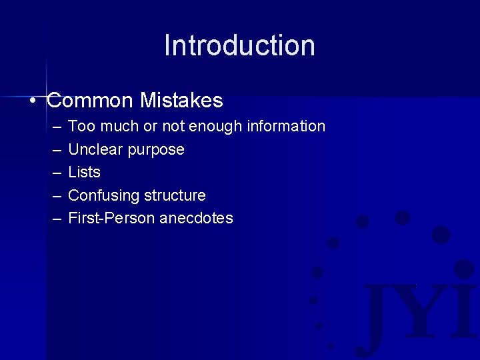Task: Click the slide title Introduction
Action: [239, 45]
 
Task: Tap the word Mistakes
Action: [181, 101]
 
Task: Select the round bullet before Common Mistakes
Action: [33, 101]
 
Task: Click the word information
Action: [287, 126]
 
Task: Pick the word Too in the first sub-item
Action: [80, 126]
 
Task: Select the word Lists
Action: [85, 172]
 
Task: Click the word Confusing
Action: [101, 195]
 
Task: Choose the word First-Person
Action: [111, 218]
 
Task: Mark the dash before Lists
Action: [54, 173]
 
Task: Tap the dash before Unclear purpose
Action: [54, 150]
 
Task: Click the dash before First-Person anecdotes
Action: [54, 219]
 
